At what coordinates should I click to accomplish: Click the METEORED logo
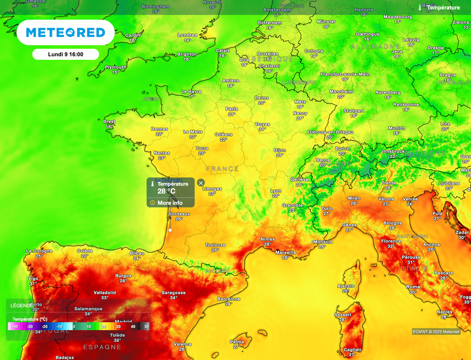tap(66, 32)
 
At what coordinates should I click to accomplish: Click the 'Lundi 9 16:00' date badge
tap(66, 54)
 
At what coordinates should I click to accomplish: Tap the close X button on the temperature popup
tap(201, 183)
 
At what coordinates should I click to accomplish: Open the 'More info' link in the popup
tap(170, 203)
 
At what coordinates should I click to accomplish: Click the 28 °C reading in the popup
tap(167, 191)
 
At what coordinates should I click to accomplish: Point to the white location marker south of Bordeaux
tap(170, 230)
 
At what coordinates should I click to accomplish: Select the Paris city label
tap(232, 109)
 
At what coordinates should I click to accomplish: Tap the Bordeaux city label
tap(179, 214)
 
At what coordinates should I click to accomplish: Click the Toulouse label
tap(215, 245)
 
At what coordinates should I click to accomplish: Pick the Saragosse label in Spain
tap(173, 293)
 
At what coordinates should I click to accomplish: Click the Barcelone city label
tap(229, 299)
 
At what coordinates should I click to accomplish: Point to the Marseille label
tap(286, 253)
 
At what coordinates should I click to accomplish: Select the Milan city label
tap(354, 198)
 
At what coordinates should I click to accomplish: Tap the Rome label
tap(413, 287)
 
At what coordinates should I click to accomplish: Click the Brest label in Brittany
tap(109, 122)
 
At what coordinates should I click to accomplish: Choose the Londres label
tap(187, 35)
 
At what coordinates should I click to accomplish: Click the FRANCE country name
tap(222, 169)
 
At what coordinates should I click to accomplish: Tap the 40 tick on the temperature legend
tap(133, 326)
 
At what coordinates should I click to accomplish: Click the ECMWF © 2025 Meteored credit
tap(436, 331)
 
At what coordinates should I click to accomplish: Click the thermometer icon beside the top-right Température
tap(420, 8)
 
